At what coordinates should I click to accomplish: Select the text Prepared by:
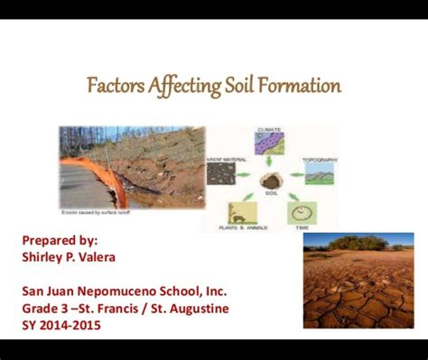click(x=60, y=241)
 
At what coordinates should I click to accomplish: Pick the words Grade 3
click(x=46, y=308)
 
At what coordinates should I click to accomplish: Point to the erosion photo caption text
click(x=96, y=213)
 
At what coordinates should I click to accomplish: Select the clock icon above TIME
click(x=302, y=213)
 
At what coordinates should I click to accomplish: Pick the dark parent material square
click(x=221, y=173)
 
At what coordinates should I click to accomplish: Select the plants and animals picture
click(x=241, y=213)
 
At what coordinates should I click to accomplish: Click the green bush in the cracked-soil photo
click(x=356, y=243)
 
